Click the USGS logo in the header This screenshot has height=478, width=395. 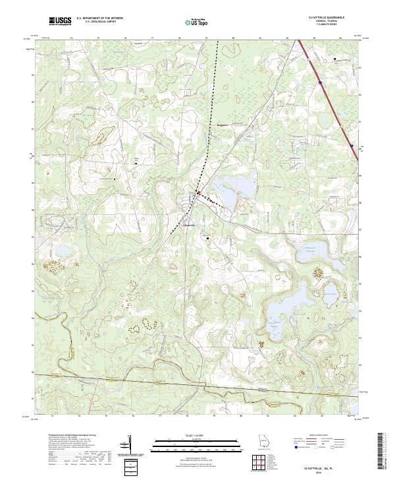click(x=60, y=22)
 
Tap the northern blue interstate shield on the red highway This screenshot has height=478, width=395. click(x=320, y=83)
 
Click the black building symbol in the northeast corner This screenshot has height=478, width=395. click(x=334, y=59)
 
